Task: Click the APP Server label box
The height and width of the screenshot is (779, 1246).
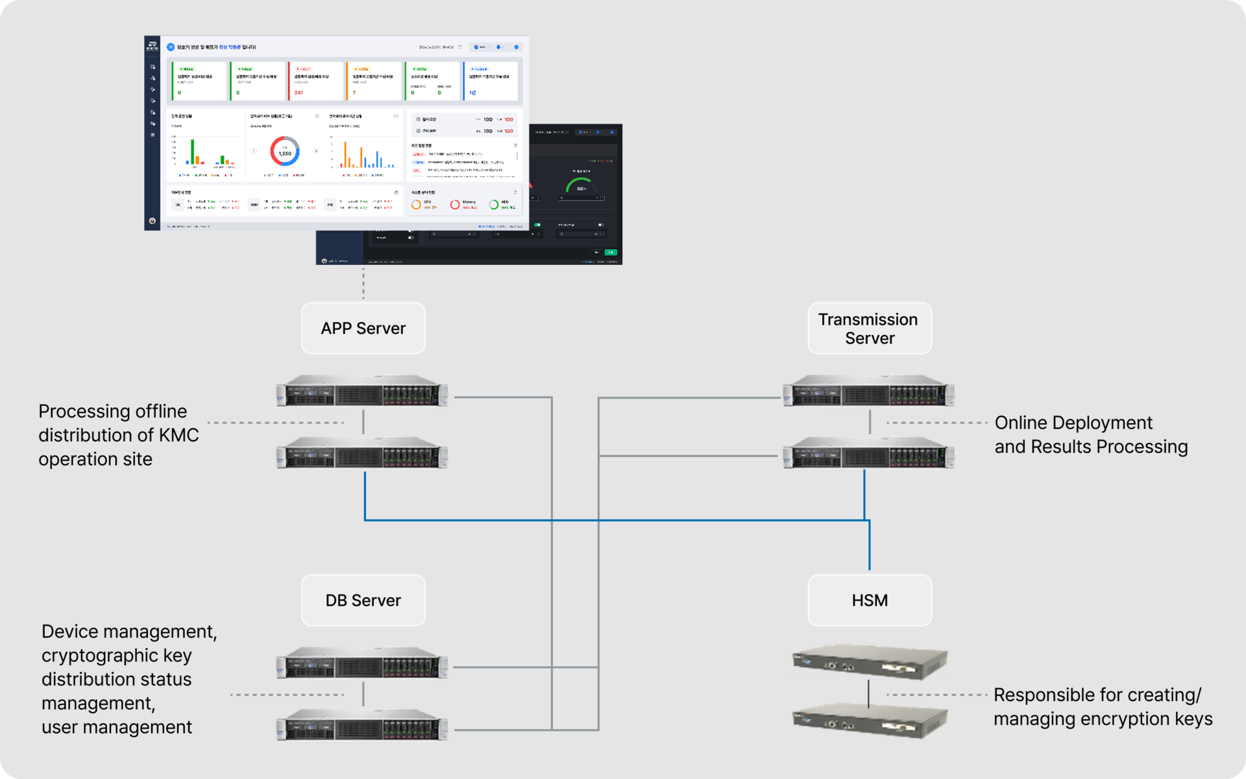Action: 363,328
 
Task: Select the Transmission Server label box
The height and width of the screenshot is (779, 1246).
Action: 870,328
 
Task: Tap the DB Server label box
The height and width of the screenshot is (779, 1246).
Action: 363,600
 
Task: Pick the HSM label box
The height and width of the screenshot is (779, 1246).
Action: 870,600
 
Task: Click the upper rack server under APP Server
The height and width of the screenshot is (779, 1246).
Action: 362,391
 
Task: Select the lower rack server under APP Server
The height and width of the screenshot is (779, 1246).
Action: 362,453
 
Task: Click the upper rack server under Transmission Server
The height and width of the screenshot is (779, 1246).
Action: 869,391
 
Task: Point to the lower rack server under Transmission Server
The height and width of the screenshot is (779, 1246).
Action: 869,453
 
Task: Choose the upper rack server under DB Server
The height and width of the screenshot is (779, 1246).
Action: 362,663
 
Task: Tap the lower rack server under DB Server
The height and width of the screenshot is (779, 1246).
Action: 362,725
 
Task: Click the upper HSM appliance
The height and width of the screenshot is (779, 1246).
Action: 870,661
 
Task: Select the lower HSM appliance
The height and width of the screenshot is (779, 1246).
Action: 870,719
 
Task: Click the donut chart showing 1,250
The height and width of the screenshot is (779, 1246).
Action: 285,151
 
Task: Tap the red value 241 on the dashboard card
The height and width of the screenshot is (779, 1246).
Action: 299,93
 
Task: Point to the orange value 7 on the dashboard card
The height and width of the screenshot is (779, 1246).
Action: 354,93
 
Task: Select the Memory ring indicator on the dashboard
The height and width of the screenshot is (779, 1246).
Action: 455,204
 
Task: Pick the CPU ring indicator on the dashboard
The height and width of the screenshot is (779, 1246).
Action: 416,204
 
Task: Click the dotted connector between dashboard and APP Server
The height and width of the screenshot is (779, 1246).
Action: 363,283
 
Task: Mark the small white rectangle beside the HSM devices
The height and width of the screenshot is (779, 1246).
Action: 944,688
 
